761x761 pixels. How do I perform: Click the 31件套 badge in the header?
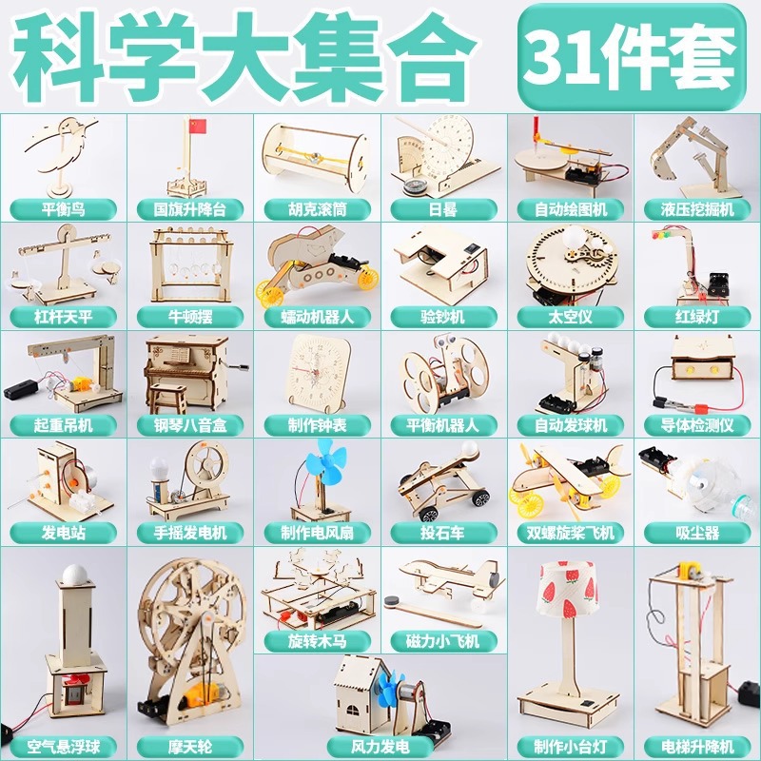[631, 56]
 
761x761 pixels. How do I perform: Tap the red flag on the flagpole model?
[197, 127]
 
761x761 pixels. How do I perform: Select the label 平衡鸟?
[63, 209]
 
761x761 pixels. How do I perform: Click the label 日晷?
[443, 209]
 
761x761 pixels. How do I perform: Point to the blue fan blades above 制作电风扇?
[325, 461]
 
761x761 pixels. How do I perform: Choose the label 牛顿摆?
[190, 318]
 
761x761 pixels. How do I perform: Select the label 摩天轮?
[190, 747]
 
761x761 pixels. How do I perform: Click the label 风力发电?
[380, 747]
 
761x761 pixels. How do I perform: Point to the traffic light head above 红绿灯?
[663, 234]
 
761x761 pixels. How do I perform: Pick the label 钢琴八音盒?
[190, 425]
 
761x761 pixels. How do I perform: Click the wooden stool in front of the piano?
[168, 399]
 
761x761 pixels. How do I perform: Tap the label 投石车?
[443, 533]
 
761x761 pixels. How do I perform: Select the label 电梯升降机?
[697, 747]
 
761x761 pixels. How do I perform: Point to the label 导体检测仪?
[697, 425]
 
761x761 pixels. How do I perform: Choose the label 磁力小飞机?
[443, 641]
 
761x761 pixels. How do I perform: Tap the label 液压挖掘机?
[697, 209]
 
